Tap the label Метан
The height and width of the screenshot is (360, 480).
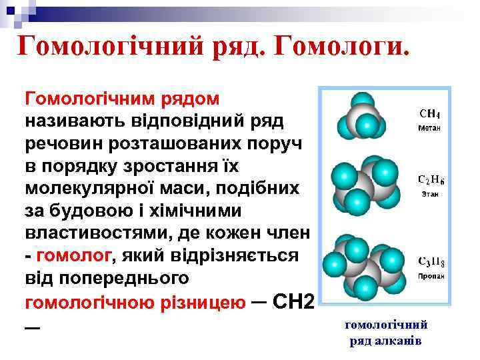coord(430,126)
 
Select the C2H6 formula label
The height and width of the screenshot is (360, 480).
coord(431,180)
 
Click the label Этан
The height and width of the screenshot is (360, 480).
coord(431,193)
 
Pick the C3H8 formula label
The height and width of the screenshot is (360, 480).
coord(431,261)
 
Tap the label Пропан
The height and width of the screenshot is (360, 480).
coord(431,275)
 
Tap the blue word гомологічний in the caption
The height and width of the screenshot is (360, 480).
coord(385,325)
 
